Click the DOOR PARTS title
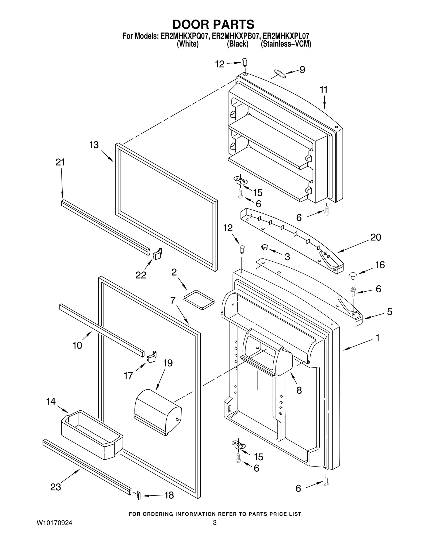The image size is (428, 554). (x=213, y=24)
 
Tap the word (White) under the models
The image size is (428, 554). (x=188, y=44)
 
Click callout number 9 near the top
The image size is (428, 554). (x=302, y=70)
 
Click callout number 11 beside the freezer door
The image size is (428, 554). (x=324, y=90)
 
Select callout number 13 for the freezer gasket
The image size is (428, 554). (x=94, y=145)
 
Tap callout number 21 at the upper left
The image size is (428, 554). (x=60, y=162)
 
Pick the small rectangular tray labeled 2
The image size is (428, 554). (x=199, y=299)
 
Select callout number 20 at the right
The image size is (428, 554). (x=376, y=237)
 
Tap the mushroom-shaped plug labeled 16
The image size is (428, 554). (x=353, y=275)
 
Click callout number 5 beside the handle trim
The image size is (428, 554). (x=389, y=312)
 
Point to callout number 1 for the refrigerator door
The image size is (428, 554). (x=377, y=338)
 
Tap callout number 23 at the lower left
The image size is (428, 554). (x=56, y=487)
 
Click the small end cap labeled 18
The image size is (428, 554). (x=138, y=495)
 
